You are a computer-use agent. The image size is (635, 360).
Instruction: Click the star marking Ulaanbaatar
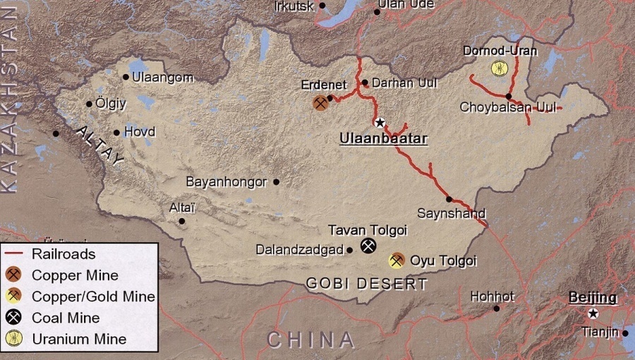[380, 122]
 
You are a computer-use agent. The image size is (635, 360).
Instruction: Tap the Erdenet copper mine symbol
[321, 103]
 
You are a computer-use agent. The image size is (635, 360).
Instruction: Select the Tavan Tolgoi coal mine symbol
[368, 245]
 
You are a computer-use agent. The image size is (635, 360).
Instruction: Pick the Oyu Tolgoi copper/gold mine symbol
[397, 260]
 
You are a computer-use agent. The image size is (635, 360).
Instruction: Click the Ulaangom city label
[162, 78]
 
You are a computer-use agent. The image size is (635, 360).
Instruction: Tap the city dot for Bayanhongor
[276, 181]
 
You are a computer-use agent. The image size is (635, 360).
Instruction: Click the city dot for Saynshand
[449, 199]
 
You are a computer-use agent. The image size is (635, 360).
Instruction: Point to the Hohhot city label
[492, 296]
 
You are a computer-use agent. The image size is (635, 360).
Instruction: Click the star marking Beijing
[593, 313]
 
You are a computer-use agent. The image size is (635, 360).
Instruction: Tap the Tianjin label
[600, 331]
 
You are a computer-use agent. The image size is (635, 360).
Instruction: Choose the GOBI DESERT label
[367, 284]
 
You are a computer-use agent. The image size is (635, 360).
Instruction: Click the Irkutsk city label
[295, 6]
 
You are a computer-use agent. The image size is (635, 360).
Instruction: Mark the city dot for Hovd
[116, 132]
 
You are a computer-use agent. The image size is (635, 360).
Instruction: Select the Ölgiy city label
[111, 104]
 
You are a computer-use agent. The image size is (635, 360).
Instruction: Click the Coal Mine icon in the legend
[13, 318]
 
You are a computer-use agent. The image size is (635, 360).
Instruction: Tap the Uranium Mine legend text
[79, 339]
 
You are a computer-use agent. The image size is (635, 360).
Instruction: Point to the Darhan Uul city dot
[365, 83]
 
